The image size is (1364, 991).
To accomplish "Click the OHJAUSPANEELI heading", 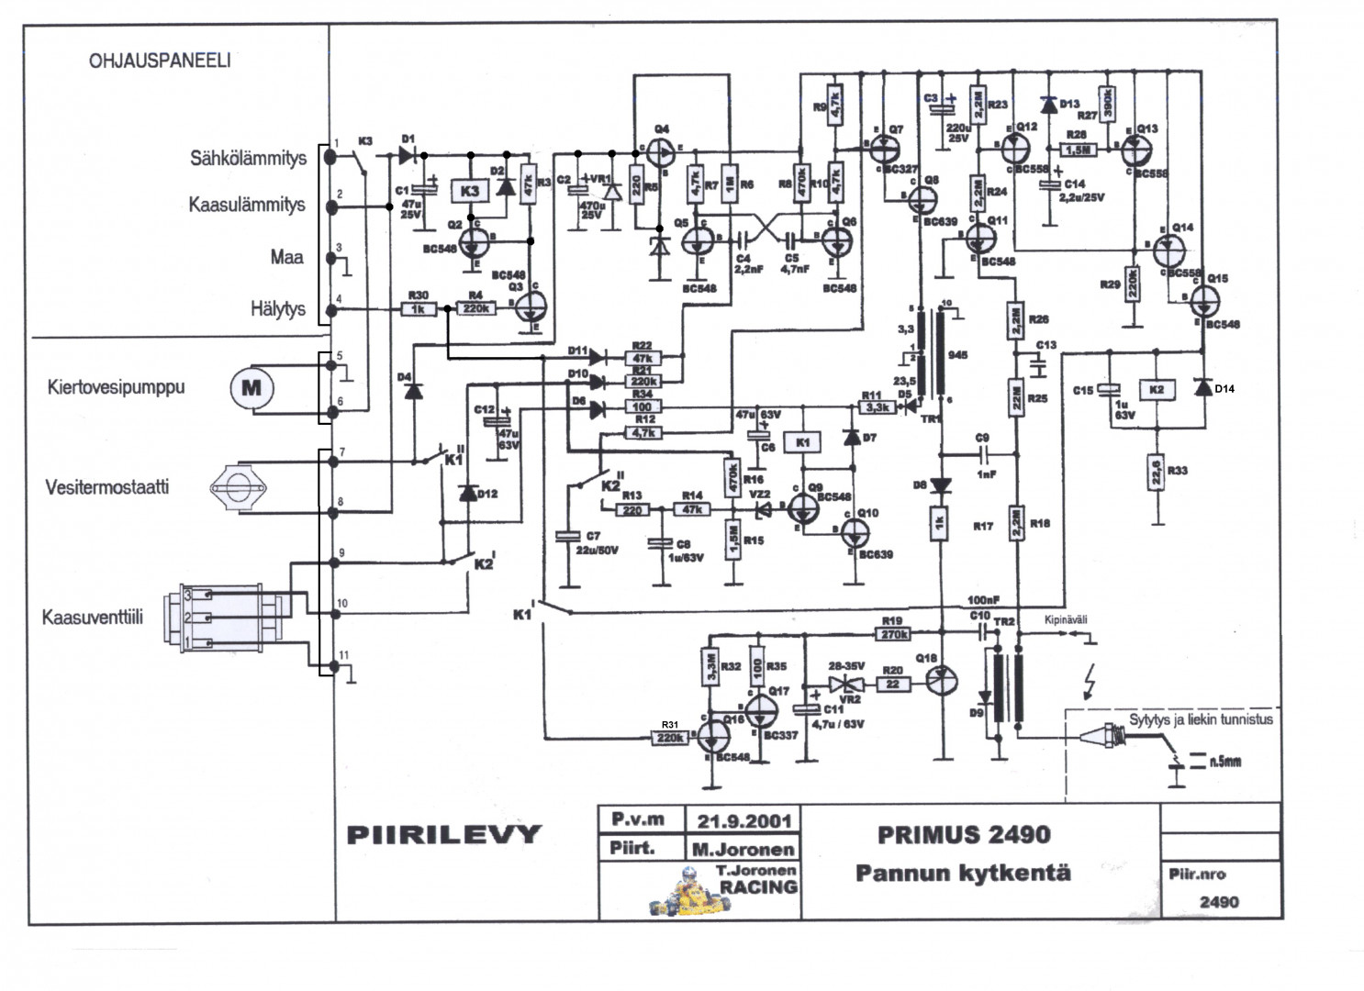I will pyautogui.click(x=160, y=61).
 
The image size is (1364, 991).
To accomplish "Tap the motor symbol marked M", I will pyautogui.click(x=251, y=387).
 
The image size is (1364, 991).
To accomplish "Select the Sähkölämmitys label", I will pyautogui.click(x=248, y=158).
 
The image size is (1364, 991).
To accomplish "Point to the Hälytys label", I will pyautogui.click(x=277, y=309).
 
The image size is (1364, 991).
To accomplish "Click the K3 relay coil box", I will pyautogui.click(x=470, y=192).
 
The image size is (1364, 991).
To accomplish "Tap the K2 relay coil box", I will pyautogui.click(x=1156, y=390).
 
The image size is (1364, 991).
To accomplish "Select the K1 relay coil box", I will pyautogui.click(x=804, y=443).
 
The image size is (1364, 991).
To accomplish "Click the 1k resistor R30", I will pyautogui.click(x=419, y=309).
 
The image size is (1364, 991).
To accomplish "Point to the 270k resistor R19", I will pyautogui.click(x=894, y=633).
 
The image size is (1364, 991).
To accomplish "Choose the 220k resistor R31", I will pyautogui.click(x=670, y=737).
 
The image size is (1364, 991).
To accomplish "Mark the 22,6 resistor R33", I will pyautogui.click(x=1156, y=472).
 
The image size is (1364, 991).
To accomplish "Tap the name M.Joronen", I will pyautogui.click(x=743, y=849).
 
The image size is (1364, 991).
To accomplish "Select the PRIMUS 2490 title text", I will pyautogui.click(x=963, y=834).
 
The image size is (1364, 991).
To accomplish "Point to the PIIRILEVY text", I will pyautogui.click(x=444, y=834).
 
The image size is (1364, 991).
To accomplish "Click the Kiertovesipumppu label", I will pyautogui.click(x=116, y=387).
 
